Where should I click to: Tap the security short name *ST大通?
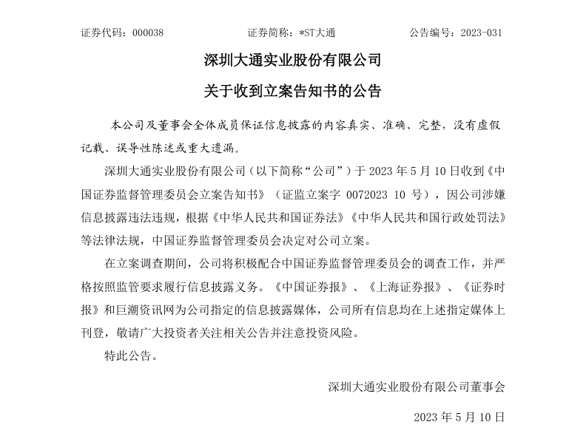pyautogui.click(x=319, y=33)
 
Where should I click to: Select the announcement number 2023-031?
pyautogui.click(x=481, y=33)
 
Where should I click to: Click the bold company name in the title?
pyautogui.click(x=291, y=59)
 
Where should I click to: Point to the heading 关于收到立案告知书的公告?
pyautogui.click(x=291, y=92)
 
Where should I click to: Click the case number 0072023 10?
pyautogui.click(x=363, y=196)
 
